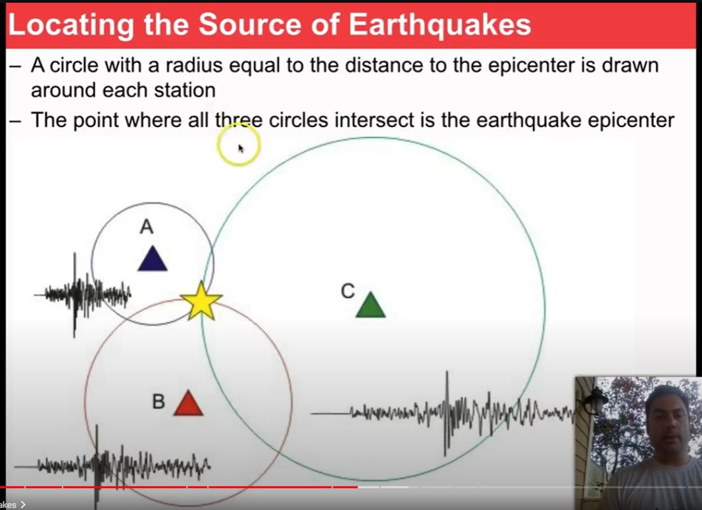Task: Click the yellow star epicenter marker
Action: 201,301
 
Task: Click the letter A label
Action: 147,226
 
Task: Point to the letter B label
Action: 159,401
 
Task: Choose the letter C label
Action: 348,292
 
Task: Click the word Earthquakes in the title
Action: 440,24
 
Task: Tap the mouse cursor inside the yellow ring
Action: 241,149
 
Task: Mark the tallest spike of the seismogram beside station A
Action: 75,295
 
